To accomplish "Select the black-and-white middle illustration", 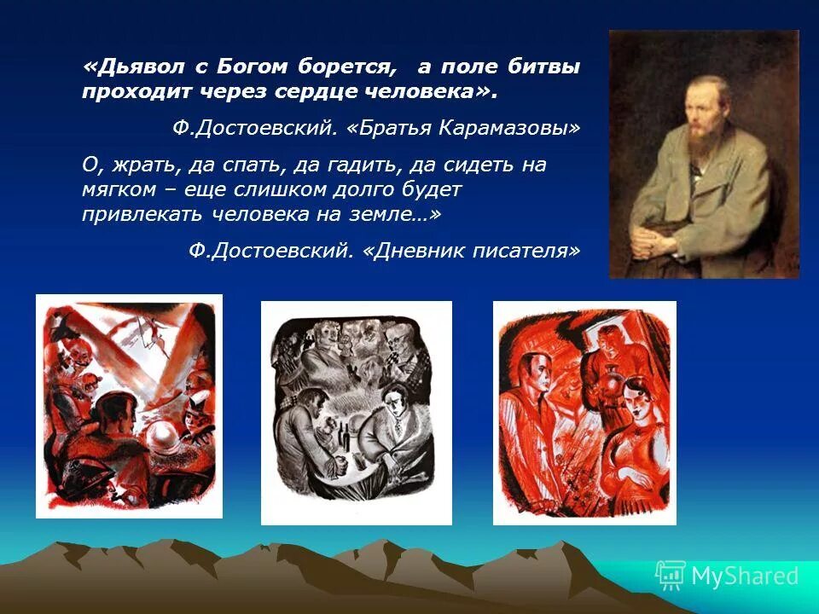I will click(356, 412).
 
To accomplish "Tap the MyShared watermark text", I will click(745, 576).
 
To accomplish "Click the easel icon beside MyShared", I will click(671, 576).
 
